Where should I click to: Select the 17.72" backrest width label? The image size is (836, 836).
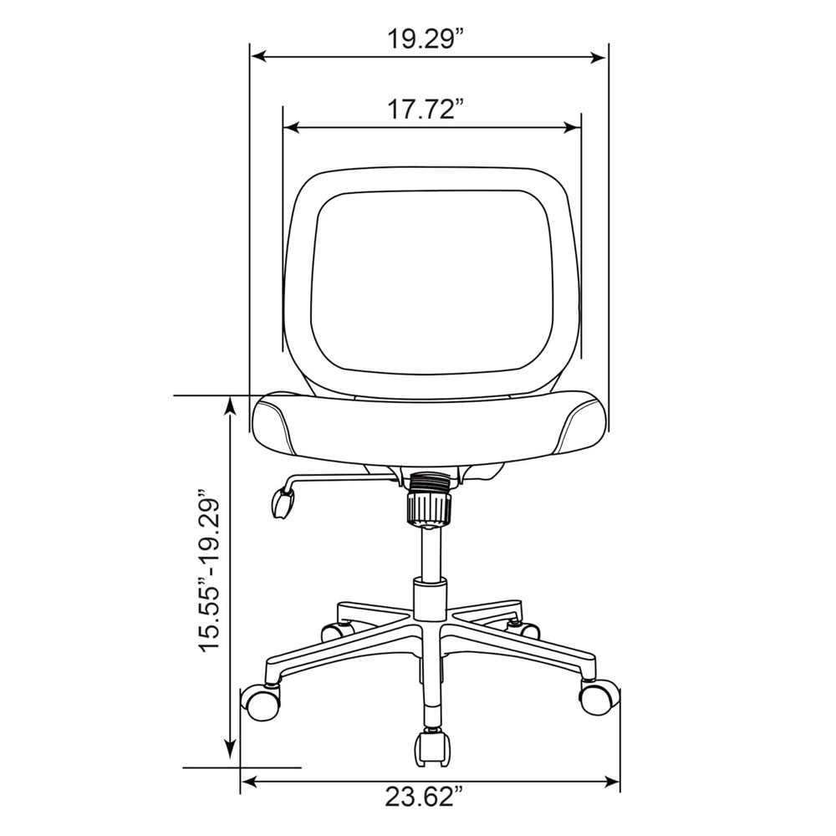click(425, 110)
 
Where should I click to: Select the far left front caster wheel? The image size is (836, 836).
click(260, 703)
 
